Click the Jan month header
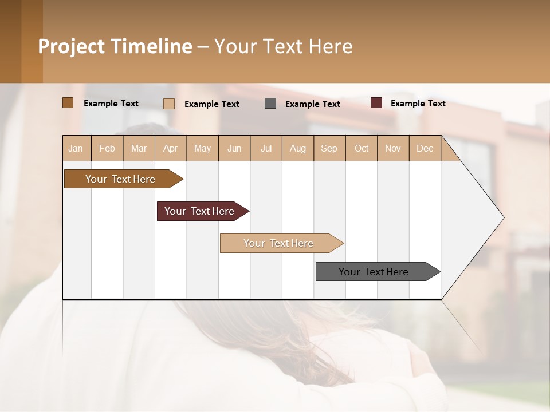coord(76,148)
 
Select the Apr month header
coord(171,148)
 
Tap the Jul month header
coord(266,148)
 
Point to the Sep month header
coord(329,148)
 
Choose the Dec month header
coord(425,148)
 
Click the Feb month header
coord(107,148)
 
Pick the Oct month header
coord(362,148)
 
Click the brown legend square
coord(68,103)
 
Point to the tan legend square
coord(169,104)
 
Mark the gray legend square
coord(270,104)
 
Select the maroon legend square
coord(376,103)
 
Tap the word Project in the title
coord(72,46)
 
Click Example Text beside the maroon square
coord(418,104)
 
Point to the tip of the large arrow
coord(503,217)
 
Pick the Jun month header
coord(234,148)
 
